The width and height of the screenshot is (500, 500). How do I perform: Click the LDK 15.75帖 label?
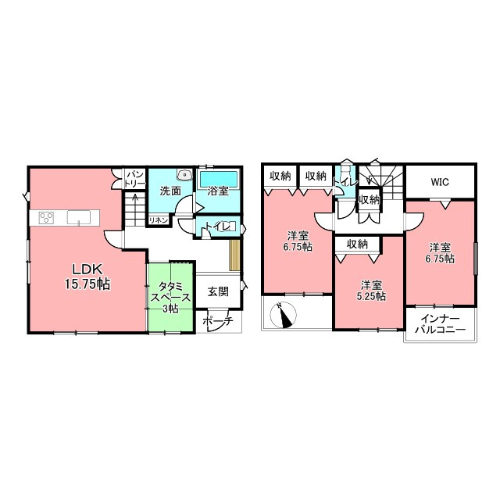(87, 277)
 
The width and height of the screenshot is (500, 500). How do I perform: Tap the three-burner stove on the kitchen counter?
(46, 218)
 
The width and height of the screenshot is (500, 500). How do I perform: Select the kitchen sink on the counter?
(79, 217)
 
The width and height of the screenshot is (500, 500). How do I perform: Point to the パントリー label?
(136, 179)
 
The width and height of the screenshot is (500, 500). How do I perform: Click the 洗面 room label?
(170, 191)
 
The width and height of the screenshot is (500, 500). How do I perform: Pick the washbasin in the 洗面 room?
(184, 175)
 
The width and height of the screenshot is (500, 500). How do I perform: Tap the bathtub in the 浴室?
(219, 180)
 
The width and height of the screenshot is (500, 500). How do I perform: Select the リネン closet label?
(158, 220)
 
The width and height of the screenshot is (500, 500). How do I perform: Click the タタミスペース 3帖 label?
(170, 297)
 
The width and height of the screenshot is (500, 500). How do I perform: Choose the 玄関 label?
(219, 291)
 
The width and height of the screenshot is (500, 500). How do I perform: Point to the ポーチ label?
(218, 320)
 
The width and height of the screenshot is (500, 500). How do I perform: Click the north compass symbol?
(283, 315)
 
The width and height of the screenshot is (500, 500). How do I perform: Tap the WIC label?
(440, 182)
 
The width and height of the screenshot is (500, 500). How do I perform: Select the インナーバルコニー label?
(441, 324)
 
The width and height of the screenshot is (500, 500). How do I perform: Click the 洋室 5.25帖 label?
(371, 290)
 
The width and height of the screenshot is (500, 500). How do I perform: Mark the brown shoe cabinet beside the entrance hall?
(234, 255)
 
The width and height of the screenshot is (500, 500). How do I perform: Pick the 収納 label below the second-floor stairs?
(370, 200)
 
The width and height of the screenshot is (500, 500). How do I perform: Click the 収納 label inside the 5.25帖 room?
(358, 245)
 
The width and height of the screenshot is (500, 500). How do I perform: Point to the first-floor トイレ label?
(218, 226)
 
